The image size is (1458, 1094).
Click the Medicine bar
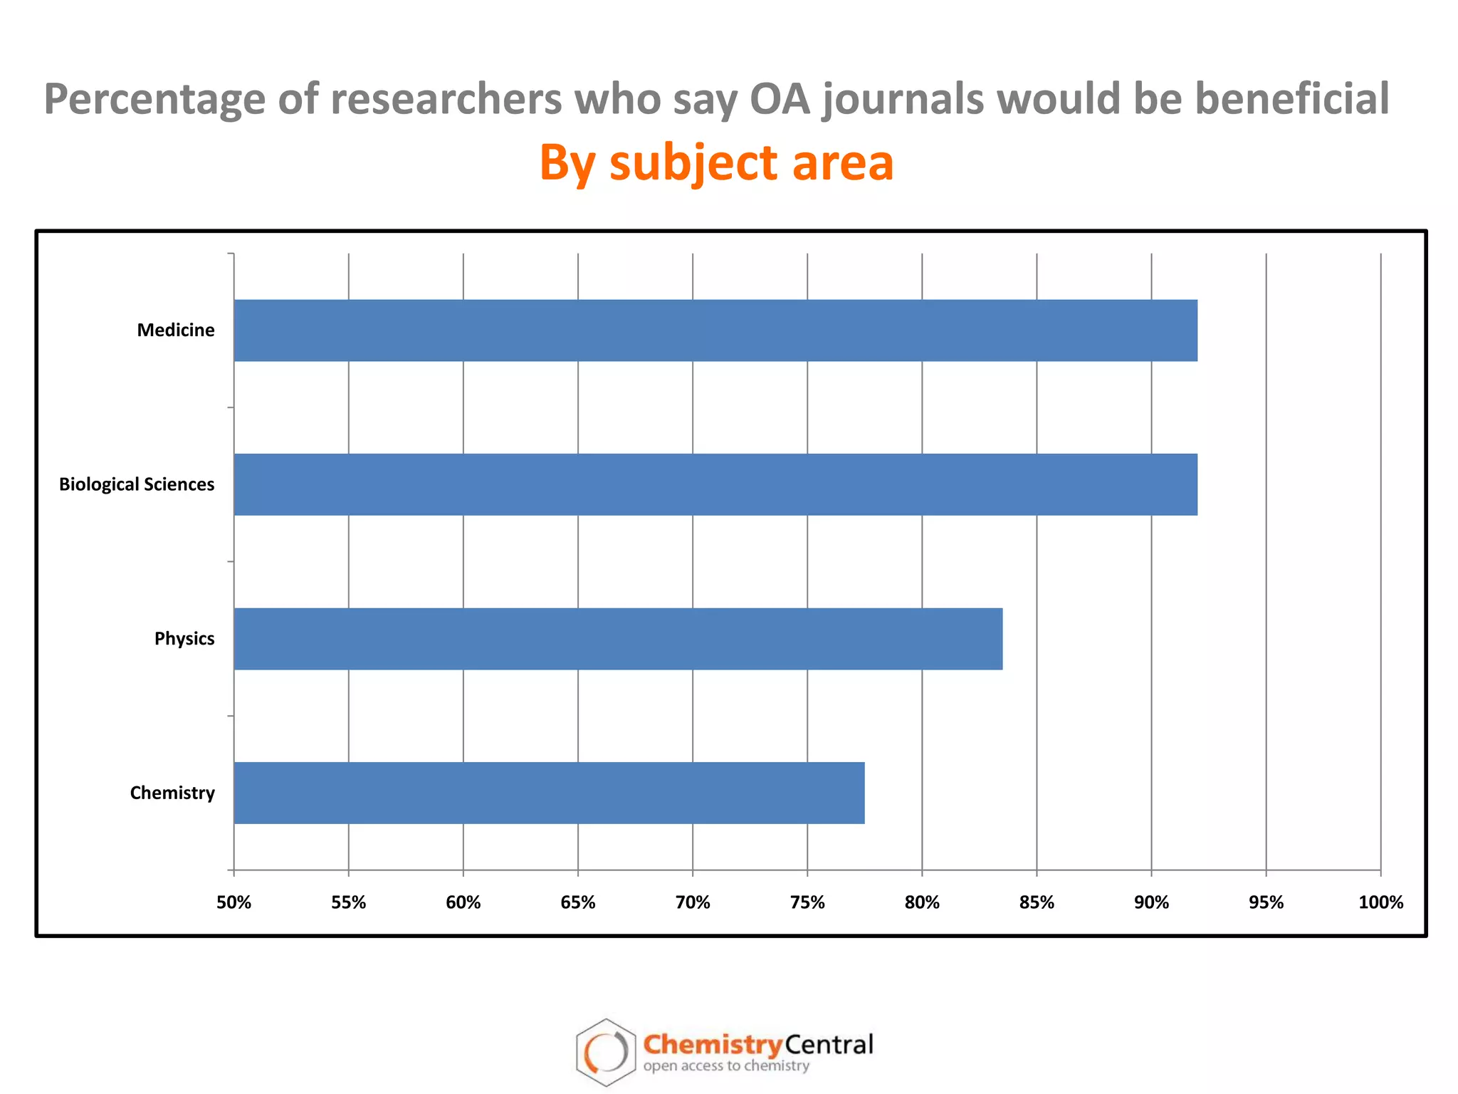coord(715,330)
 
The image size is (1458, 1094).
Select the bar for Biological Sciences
coord(715,484)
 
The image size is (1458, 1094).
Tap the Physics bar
coord(618,639)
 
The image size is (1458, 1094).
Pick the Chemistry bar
coord(549,793)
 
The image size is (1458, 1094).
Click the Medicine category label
coord(176,330)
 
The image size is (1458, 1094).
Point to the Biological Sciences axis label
coord(137,485)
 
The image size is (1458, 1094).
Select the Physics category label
coord(184,639)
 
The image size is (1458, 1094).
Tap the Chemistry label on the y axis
coord(172,793)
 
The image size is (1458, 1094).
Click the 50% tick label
coord(234,903)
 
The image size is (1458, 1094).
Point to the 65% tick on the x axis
coord(577,903)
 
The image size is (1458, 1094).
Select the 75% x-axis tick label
coord(807,903)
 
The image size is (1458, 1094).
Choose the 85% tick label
coord(1037,903)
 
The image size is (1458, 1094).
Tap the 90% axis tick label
coord(1151,903)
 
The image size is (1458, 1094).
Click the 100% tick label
coord(1380,903)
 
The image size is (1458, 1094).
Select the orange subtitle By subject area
coord(716,162)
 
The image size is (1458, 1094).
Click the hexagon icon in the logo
coord(605,1052)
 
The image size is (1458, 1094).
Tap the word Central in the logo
coord(829,1045)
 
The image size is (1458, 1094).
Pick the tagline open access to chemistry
coord(726,1066)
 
